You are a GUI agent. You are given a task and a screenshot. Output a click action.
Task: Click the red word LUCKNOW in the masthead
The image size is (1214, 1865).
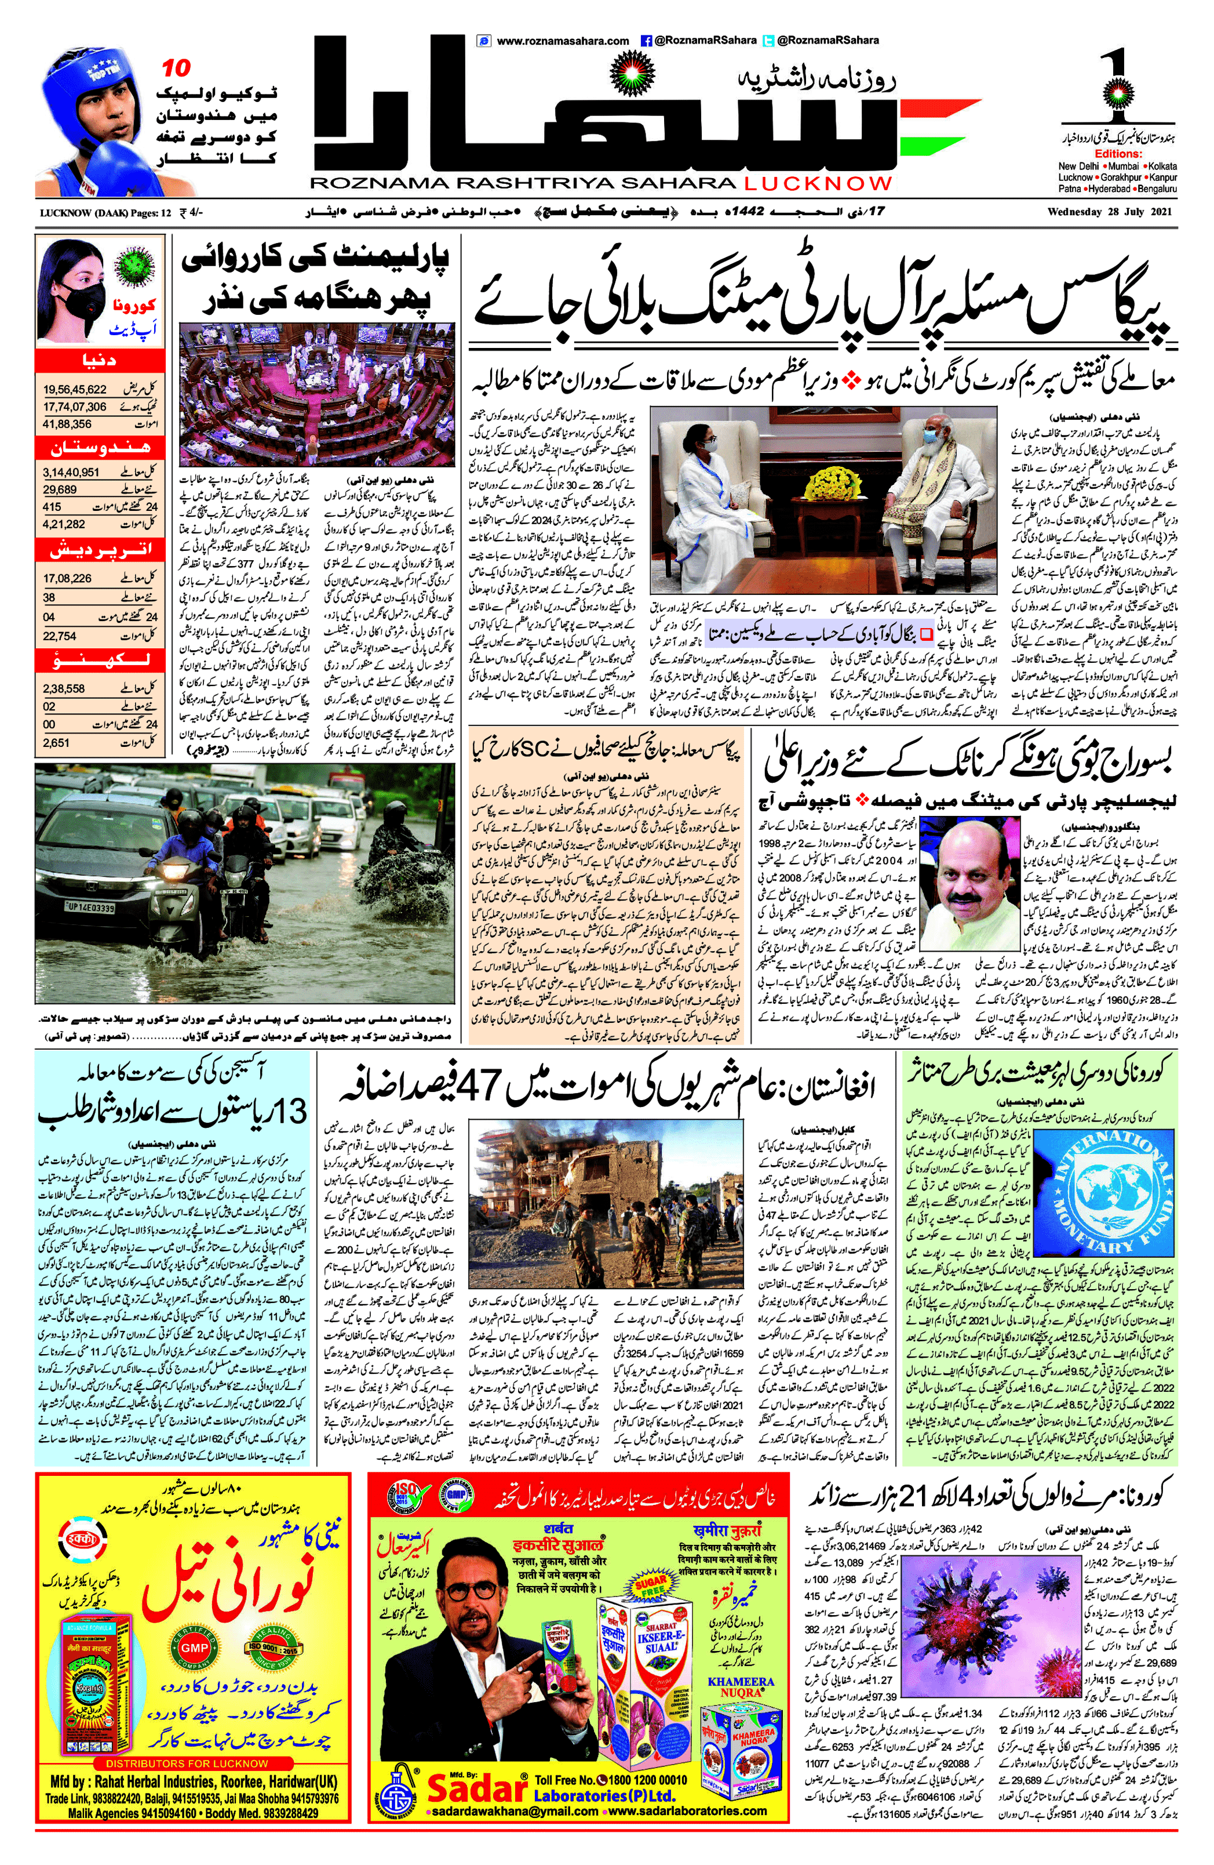[x=818, y=183]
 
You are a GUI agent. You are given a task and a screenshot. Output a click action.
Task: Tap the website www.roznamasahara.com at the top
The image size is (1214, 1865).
[x=562, y=41]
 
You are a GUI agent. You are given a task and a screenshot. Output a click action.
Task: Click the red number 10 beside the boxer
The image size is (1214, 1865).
[x=176, y=68]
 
